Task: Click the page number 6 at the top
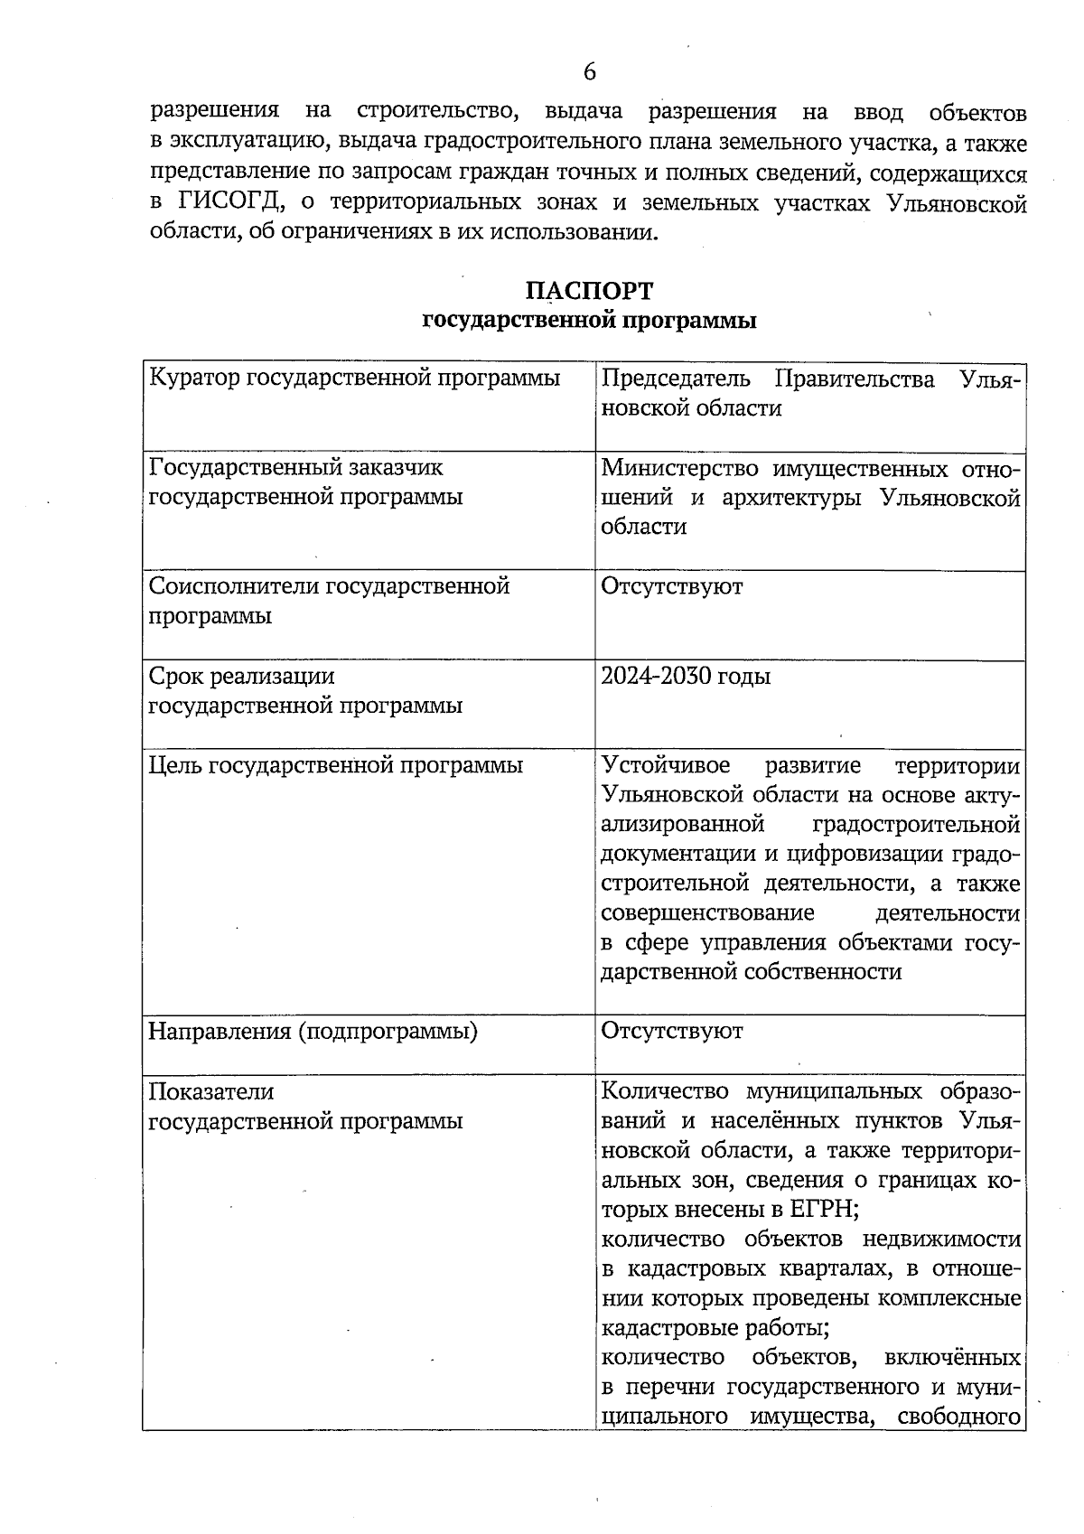pyautogui.click(x=589, y=71)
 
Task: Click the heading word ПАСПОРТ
pyautogui.click(x=589, y=291)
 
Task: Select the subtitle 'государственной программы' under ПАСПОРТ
pyautogui.click(x=589, y=320)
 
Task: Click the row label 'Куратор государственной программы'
pyautogui.click(x=354, y=378)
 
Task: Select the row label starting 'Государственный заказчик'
pyautogui.click(x=295, y=467)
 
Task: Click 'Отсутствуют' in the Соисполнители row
pyautogui.click(x=671, y=586)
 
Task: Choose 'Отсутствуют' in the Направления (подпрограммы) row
pyautogui.click(x=671, y=1031)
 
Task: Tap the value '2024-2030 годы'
pyautogui.click(x=686, y=677)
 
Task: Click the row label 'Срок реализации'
pyautogui.click(x=241, y=676)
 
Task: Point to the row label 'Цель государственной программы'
pyautogui.click(x=335, y=765)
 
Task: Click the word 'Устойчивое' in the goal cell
pyautogui.click(x=666, y=766)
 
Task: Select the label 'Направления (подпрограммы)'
pyautogui.click(x=313, y=1031)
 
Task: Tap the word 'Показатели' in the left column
pyautogui.click(x=210, y=1091)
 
